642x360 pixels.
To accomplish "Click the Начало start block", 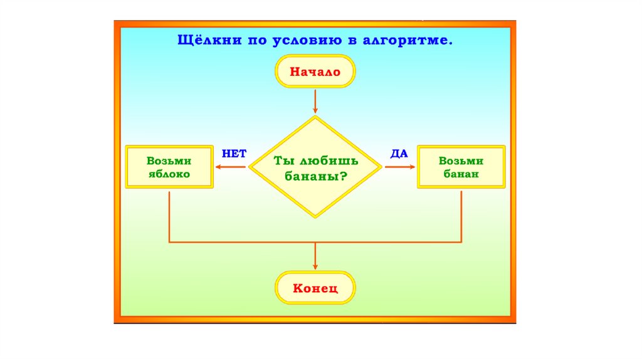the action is click(315, 71).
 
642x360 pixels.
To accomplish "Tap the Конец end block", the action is click(315, 289).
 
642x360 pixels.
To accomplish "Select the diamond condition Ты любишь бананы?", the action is click(315, 167).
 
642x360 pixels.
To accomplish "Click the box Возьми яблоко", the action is click(169, 167).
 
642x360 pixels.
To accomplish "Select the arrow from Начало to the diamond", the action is click(315, 102).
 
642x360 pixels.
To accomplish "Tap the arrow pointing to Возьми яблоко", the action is click(231, 167).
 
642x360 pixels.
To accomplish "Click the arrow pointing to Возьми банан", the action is click(400, 167).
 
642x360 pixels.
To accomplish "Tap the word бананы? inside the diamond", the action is click(316, 176).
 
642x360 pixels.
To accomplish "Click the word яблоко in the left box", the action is click(169, 174).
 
